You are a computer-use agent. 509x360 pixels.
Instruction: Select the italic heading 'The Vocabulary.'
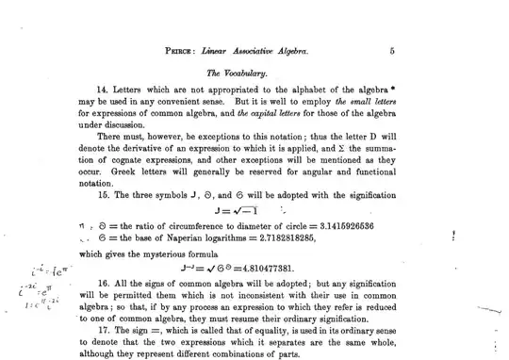coord(237,72)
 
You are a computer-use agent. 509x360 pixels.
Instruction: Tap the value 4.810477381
coord(283,268)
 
